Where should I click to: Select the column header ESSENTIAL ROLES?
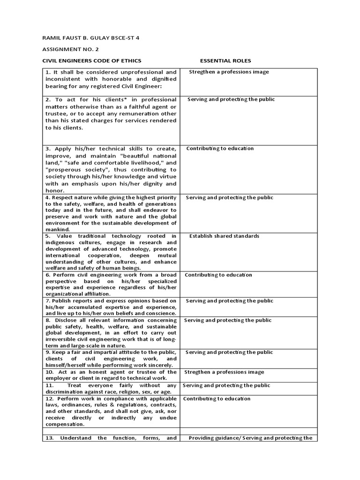(225, 61)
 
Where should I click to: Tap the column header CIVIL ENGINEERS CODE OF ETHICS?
(92, 61)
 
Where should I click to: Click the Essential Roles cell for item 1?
(229, 72)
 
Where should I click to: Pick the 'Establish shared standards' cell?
(224, 236)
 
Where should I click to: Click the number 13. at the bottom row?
(51, 438)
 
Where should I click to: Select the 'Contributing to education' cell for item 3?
(220, 149)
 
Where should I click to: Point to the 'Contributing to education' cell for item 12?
(217, 399)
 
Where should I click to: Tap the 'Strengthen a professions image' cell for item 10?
(224, 372)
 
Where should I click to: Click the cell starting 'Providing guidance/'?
(250, 438)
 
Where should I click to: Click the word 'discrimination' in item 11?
(67, 392)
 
